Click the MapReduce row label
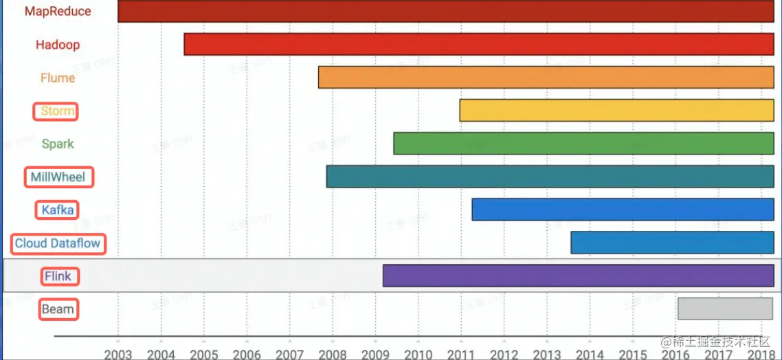[58, 12]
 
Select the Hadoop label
[58, 45]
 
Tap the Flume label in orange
[58, 78]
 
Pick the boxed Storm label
[57, 111]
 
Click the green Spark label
[58, 144]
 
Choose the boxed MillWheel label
[58, 177]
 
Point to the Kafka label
[57, 210]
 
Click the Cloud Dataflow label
[58, 243]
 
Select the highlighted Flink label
[58, 276]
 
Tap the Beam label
[58, 309]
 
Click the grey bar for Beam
[725, 308]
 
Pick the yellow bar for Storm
[616, 111]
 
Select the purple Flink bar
[578, 275]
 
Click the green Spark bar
[583, 144]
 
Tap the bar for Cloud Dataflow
[672, 243]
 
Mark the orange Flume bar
[546, 78]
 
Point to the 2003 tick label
[118, 354]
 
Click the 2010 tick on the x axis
[418, 354]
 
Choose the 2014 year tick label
[590, 354]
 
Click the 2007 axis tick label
[289, 354]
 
